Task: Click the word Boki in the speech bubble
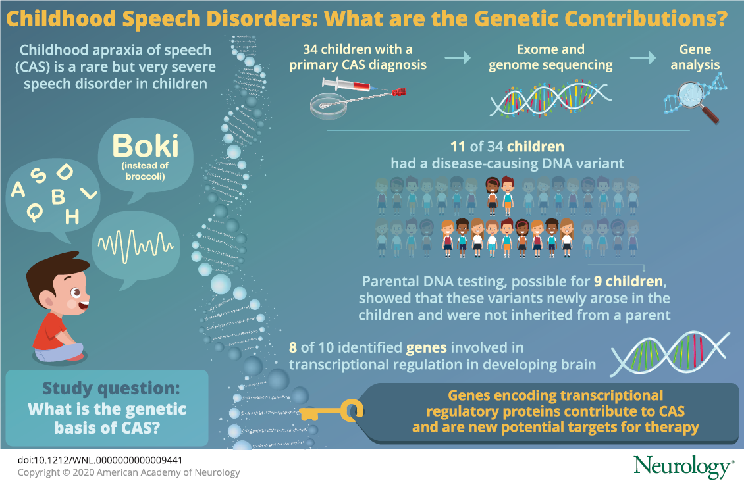146,146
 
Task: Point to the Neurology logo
683,467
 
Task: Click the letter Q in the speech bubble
34,212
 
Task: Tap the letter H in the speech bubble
72,217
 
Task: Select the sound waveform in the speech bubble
136,245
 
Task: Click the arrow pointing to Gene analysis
643,58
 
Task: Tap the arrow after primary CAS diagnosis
458,58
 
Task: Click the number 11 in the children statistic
458,147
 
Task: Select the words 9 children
628,282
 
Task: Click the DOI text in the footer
100,460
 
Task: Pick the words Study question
111,389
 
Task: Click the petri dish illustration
328,107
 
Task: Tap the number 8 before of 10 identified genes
293,347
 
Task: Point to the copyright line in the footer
129,472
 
